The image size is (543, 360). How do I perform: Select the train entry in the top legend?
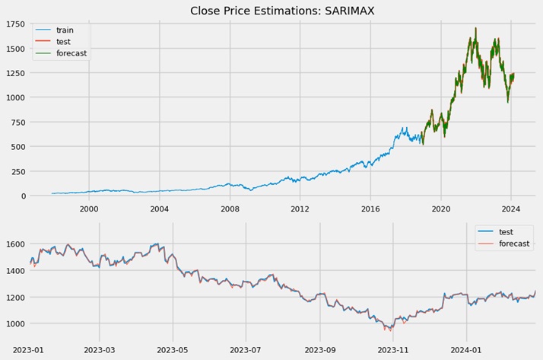coord(65,30)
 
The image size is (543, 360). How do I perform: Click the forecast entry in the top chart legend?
coord(71,53)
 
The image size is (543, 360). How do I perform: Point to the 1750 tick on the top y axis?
coord(14,25)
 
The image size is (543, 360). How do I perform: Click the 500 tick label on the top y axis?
coord(17,147)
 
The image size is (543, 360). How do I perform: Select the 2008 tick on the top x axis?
coord(230,208)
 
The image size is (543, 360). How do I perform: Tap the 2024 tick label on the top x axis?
coord(511,208)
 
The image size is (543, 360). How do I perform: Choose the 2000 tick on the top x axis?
coord(89,208)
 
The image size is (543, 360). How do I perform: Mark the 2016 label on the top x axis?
coord(370,208)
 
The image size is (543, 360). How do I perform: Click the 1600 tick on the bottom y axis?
coord(14,244)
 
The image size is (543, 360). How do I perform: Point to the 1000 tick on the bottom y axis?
coord(14,323)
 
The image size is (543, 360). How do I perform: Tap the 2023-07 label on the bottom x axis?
coord(246,349)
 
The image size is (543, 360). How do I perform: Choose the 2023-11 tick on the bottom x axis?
coord(393,349)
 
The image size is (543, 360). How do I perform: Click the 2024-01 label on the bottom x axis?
coord(467,349)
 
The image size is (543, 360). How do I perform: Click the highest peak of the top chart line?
coord(475,28)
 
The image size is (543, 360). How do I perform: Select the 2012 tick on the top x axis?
coord(300,208)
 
